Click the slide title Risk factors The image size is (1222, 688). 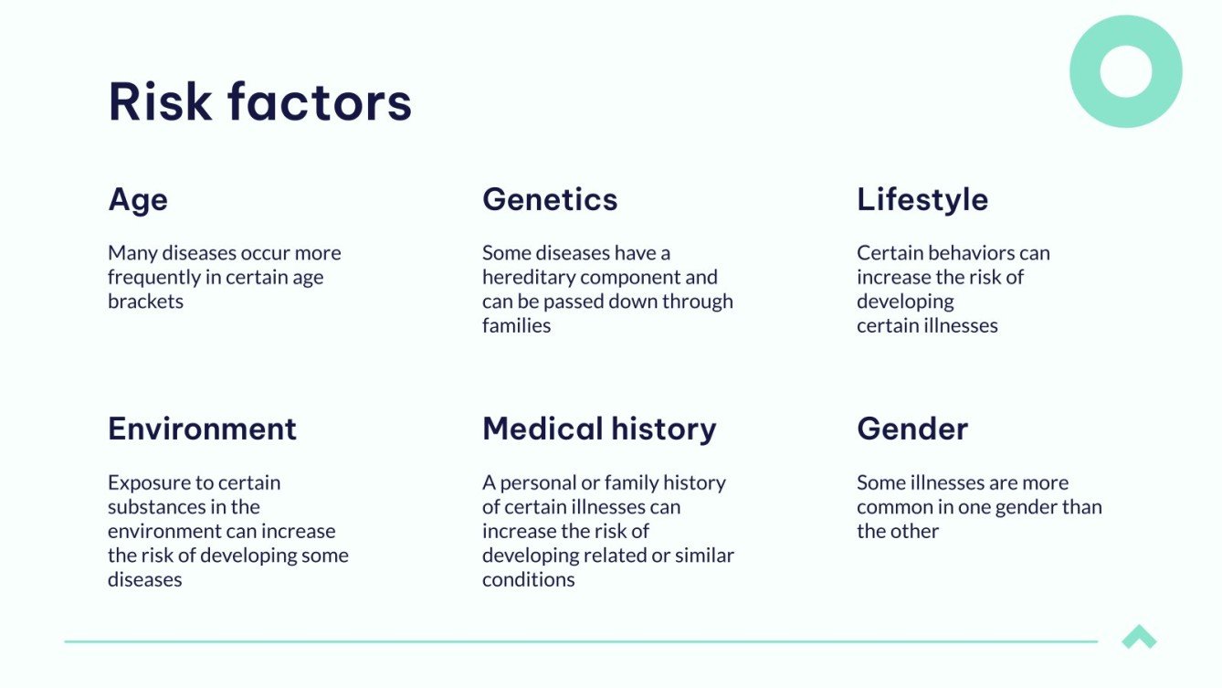[259, 101]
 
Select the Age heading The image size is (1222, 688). [138, 201]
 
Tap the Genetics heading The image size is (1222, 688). [550, 199]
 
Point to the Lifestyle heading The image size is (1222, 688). [922, 201]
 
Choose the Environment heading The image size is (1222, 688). [203, 429]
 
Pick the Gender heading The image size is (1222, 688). [912, 429]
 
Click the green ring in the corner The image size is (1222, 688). [1126, 27]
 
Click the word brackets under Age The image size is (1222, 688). [145, 302]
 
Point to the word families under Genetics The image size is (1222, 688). [517, 325]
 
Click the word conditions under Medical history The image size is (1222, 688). [529, 579]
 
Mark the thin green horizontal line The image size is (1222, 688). [581, 641]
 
